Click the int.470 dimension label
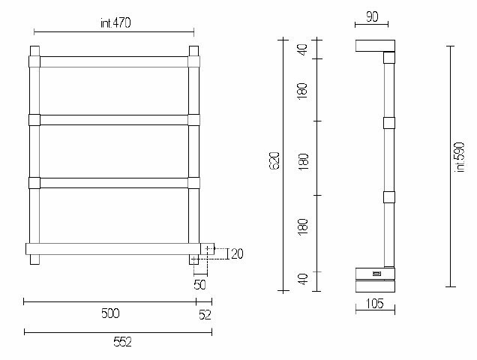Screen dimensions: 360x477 [115, 23]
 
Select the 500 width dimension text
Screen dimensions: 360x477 [109, 313]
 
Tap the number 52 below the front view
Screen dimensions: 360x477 [205, 315]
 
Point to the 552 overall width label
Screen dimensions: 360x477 [121, 342]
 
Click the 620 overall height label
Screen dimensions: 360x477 [274, 162]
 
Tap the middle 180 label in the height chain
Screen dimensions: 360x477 [304, 161]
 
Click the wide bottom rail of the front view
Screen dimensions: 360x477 [112, 248]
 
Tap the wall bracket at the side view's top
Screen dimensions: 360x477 [373, 45]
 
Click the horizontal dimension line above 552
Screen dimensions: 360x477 [118, 331]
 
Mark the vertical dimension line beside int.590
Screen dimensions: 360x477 [449, 165]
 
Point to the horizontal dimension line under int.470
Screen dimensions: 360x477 [114, 32]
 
